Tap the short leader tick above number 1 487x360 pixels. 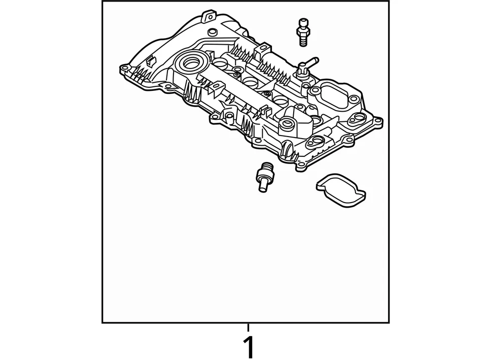click(248, 327)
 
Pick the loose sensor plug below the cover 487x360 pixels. click(264, 178)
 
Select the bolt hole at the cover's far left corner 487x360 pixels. click(123, 68)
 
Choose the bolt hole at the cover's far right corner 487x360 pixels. click(377, 121)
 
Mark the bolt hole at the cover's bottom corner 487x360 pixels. click(302, 165)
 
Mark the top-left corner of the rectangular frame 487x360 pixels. click(102, 2)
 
